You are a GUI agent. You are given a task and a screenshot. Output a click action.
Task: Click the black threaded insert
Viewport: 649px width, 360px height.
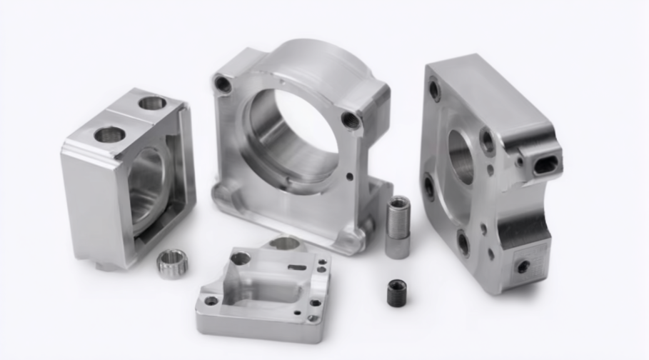coord(396,292)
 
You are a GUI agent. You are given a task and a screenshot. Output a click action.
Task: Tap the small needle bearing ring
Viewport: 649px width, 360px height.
coord(172,262)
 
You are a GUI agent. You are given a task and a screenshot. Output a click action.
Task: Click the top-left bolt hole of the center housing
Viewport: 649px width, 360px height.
coord(223,84)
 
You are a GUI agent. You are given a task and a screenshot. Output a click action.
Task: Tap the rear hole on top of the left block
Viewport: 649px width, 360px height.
coord(152,103)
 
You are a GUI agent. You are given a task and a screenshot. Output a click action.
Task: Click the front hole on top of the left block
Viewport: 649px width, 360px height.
coord(109,134)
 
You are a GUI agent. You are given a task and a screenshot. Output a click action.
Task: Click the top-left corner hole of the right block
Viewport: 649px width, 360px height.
coord(434,89)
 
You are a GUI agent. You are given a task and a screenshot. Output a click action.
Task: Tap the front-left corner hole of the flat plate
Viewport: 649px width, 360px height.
coord(211,301)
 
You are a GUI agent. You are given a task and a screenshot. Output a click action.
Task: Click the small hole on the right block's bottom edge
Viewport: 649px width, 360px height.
coord(523,266)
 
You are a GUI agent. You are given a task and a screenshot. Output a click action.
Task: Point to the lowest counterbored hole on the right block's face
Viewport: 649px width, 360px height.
coord(463,244)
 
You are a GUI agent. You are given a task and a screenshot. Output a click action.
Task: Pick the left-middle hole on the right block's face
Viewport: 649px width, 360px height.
coord(429,187)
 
